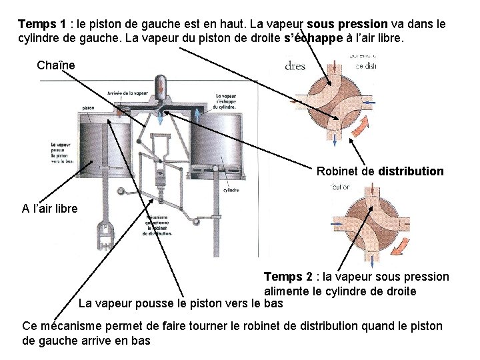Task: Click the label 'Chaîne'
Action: pyautogui.click(x=57, y=65)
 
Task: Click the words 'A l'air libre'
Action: pyautogui.click(x=49, y=209)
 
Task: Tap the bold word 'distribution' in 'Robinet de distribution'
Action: pyautogui.click(x=410, y=171)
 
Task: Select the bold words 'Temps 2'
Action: pyautogui.click(x=288, y=277)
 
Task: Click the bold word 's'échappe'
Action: pyautogui.click(x=312, y=39)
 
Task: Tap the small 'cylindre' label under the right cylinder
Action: pyautogui.click(x=231, y=189)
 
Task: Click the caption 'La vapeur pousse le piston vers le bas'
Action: pyautogui.click(x=180, y=304)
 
